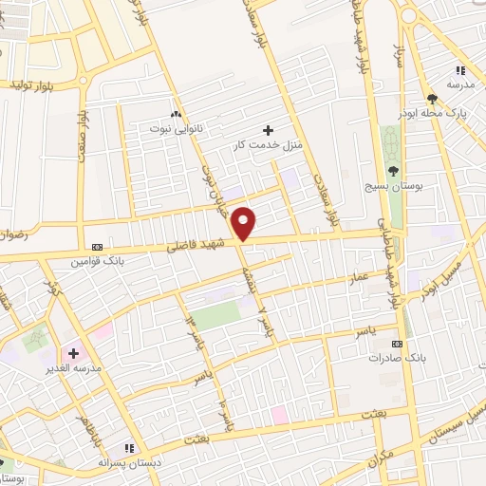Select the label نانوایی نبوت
coord(175,125)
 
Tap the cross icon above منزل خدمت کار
coord(268,130)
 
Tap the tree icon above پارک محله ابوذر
coord(432,99)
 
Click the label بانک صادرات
coord(396,359)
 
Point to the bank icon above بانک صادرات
coord(397,344)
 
